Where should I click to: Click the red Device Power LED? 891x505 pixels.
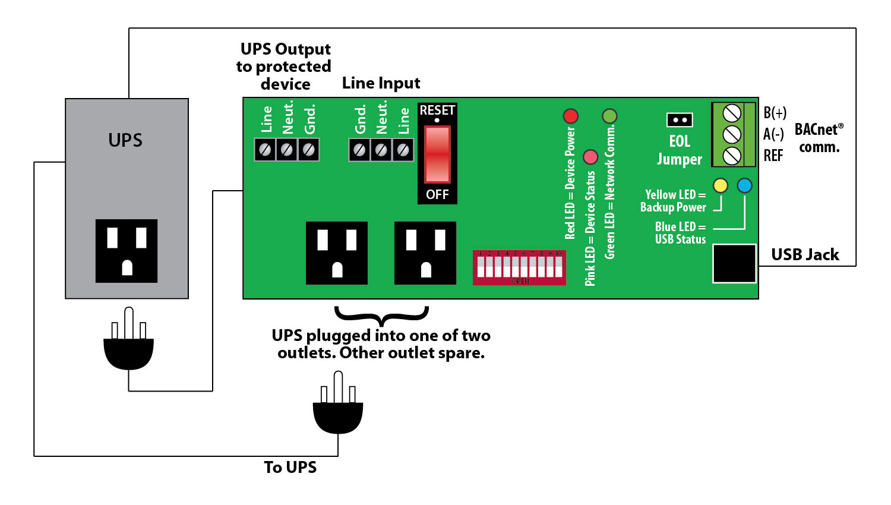570,116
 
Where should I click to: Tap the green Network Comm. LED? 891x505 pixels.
609,116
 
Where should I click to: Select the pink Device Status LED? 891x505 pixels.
590,157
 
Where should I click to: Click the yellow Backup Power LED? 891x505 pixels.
720,185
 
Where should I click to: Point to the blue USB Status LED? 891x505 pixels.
744,185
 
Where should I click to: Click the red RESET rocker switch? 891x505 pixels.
437,154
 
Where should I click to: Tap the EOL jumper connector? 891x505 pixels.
680,120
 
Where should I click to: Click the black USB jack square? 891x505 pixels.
734,263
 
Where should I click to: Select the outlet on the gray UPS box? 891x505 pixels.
127,251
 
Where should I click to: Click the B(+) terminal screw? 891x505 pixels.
732,112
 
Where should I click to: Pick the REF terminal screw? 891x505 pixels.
732,156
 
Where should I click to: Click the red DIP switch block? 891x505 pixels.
519,268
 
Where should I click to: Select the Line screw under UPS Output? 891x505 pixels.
265,150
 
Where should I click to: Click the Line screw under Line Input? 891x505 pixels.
403,150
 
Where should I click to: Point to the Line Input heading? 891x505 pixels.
381,83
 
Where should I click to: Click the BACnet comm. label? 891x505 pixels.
819,138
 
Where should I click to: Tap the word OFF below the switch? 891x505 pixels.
437,194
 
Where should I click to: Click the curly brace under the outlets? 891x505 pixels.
381,314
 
